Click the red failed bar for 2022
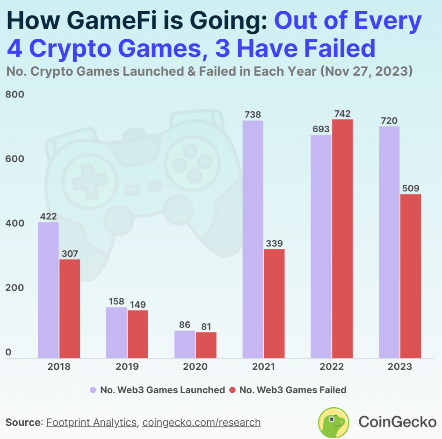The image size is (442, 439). tap(342, 239)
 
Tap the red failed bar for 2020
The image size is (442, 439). tap(206, 345)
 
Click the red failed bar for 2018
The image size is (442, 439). tap(70, 309)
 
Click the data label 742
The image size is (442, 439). tap(342, 113)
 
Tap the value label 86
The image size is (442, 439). tap(184, 324)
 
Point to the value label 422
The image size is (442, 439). tap(48, 216)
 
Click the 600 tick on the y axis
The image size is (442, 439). tap(14, 159)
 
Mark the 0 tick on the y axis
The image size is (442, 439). tap(8, 353)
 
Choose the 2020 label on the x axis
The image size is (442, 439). tap(195, 367)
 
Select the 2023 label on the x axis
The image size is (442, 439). tap(400, 367)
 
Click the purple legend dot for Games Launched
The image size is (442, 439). tap(93, 389)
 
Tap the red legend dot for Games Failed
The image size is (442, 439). tap(232, 389)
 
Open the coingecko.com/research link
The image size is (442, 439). tap(201, 423)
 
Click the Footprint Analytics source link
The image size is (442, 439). tap(92, 423)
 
